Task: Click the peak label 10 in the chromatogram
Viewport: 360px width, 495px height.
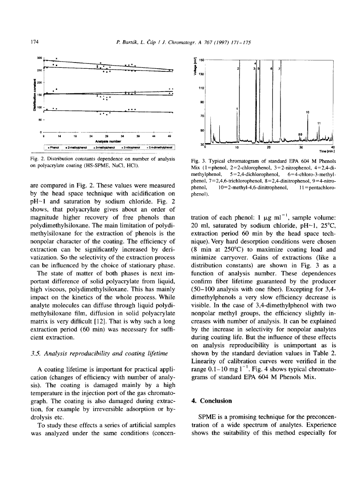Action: pos(308,112)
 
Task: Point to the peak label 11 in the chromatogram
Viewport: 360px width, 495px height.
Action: pos(318,123)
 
